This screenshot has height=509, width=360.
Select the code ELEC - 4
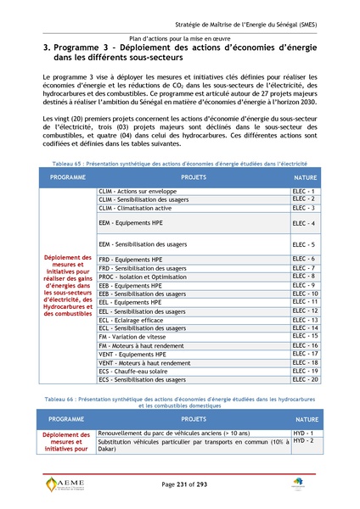pos(304,223)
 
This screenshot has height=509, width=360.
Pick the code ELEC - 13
pos(304,320)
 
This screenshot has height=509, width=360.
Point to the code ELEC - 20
pos(304,379)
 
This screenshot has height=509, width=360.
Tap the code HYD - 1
pos(304,433)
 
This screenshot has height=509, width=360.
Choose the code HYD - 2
pos(304,441)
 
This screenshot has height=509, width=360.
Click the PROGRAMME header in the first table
pos(68,176)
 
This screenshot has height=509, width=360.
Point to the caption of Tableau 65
pos(179,161)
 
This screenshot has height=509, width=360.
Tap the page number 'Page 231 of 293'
pos(179,484)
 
